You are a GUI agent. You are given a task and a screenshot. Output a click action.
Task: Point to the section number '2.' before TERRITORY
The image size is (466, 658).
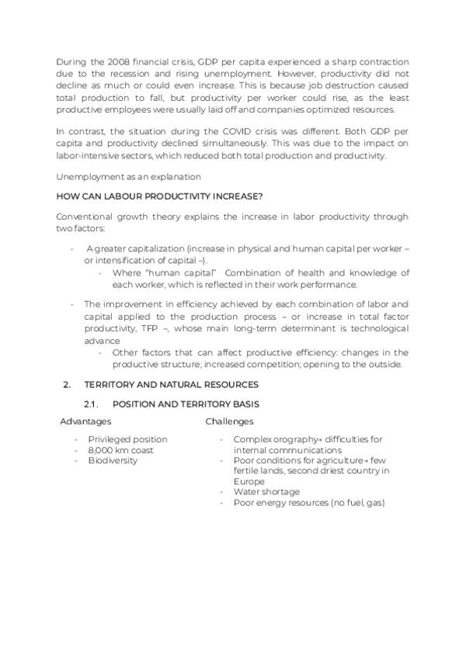[x=67, y=385]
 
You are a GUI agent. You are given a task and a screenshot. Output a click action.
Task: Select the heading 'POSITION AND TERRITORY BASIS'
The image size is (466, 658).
[x=186, y=404]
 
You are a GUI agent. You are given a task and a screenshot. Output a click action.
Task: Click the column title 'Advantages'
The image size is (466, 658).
[x=85, y=422]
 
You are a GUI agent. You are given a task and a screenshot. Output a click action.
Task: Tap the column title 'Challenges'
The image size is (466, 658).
[x=229, y=422]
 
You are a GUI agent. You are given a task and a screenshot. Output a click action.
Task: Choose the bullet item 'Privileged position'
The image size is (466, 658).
[x=127, y=439]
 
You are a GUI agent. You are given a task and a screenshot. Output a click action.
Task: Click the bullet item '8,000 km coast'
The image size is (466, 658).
[x=120, y=450]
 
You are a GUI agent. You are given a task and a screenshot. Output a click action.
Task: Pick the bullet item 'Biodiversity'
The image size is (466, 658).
[x=113, y=461]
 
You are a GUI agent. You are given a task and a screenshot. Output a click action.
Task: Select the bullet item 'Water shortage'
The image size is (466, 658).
[x=266, y=492]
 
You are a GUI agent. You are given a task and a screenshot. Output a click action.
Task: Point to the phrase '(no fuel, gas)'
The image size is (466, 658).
[x=354, y=503]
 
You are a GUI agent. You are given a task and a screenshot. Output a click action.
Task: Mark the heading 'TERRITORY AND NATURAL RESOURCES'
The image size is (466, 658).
[x=172, y=385]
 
